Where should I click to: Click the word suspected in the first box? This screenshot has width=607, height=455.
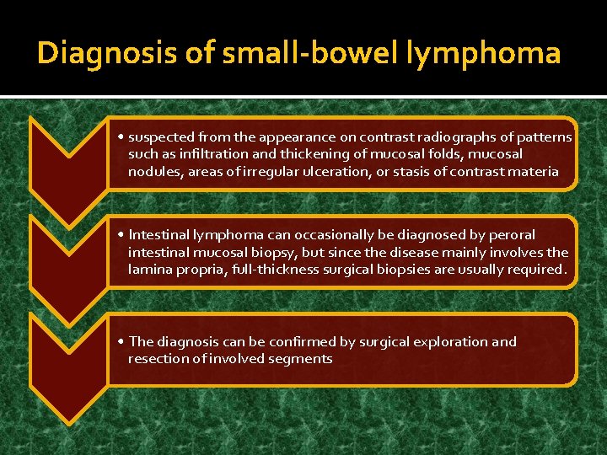coord(162,136)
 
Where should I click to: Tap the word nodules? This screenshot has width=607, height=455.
coord(153,171)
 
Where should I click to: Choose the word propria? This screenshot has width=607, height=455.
coord(197,270)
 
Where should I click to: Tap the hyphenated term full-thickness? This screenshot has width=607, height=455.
coord(273,270)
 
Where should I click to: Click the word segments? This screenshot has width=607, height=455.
coord(299,359)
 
